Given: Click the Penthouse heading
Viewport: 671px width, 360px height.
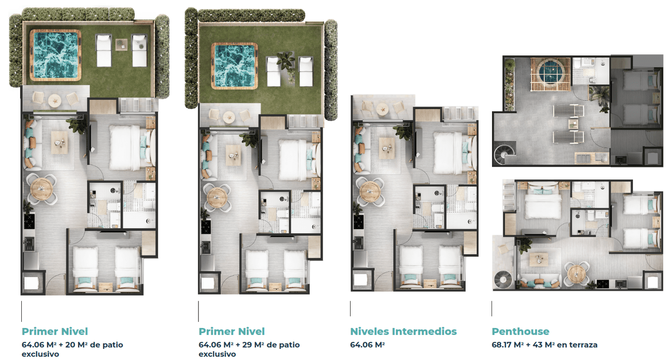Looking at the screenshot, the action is (520, 331).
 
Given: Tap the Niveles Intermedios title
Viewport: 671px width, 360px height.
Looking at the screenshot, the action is (403, 331).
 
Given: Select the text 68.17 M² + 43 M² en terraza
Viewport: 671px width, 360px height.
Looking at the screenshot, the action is (544, 345).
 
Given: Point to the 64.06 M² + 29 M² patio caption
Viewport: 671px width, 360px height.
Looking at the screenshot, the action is (249, 349).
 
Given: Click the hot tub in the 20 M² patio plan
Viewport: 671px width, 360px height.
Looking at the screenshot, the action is (56, 55).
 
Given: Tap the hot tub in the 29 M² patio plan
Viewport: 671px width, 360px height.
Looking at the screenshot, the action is (235, 66).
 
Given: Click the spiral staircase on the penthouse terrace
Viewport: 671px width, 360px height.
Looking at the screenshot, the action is (504, 154).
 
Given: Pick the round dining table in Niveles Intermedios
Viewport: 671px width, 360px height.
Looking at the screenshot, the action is (370, 192).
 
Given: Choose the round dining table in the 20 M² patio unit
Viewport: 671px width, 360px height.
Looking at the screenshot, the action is (42, 189).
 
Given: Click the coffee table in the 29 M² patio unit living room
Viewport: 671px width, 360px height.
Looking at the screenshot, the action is (233, 155).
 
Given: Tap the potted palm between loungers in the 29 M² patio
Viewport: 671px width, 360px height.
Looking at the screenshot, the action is (286, 64).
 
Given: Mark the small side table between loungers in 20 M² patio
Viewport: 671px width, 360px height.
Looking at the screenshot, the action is (121, 45).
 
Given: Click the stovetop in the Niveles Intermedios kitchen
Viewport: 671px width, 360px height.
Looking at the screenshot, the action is (358, 221).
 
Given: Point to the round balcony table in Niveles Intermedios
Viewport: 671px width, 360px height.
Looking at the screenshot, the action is (383, 109).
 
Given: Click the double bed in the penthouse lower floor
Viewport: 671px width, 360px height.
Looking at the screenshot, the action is (543, 202).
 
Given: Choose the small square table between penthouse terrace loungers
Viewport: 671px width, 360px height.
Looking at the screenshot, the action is (573, 124).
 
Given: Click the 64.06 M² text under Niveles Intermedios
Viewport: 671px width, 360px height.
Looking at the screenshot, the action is (367, 345).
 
